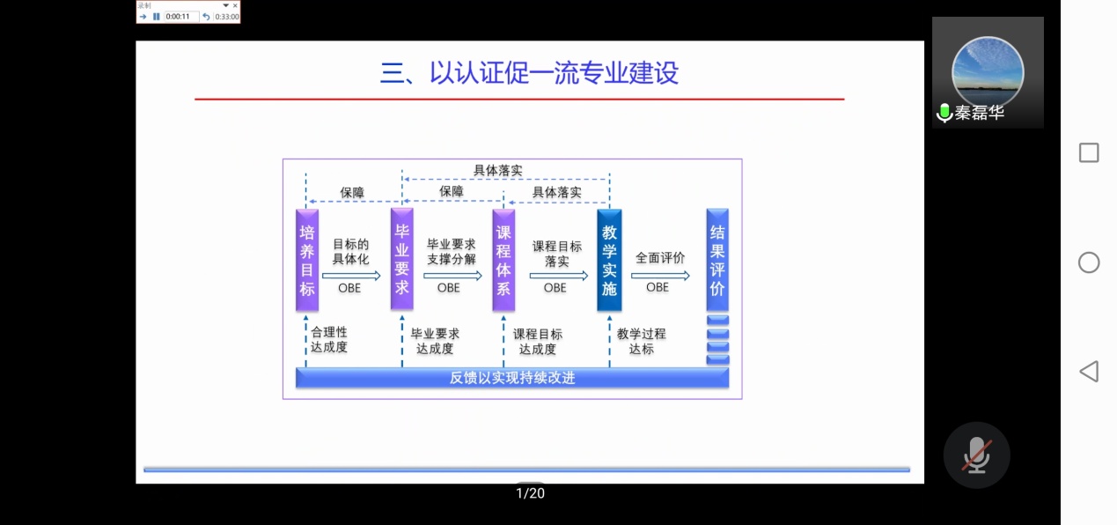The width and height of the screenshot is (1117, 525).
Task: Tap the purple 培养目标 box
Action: pos(306,260)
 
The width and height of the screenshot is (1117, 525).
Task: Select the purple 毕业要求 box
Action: pos(401,260)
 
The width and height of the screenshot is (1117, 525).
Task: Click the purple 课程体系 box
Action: pos(503,260)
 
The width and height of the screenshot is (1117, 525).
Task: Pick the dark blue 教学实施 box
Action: pos(609,260)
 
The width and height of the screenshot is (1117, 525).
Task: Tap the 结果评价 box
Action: pos(717,260)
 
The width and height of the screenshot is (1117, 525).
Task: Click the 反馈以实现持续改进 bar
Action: pos(512,378)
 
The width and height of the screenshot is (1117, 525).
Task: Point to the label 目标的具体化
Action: pos(350,252)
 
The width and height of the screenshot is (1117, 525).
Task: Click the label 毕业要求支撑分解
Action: pos(451,252)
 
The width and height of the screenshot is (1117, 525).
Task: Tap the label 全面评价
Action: pos(660,258)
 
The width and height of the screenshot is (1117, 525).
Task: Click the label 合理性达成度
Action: pos(329,340)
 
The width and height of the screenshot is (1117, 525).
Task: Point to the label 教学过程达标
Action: pos(641,341)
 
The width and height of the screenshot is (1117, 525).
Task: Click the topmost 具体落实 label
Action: pos(498,170)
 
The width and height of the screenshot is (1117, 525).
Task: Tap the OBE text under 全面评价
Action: pos(657,287)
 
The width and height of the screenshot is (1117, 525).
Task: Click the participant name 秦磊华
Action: pos(979,114)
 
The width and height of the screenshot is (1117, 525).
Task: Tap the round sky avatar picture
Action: pos(988,70)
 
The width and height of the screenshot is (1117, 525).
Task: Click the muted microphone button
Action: pos(976,455)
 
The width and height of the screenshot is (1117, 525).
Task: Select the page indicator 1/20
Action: pos(530,493)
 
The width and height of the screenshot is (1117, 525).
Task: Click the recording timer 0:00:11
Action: pos(178,17)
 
